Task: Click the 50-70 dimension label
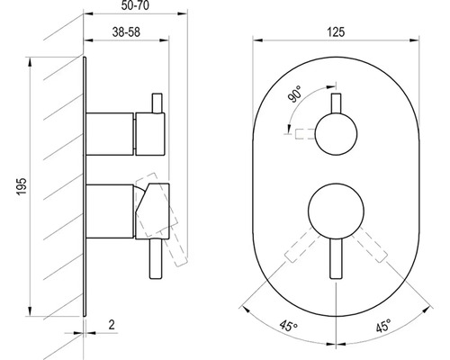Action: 135,5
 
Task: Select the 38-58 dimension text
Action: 126,31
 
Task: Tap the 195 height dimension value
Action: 22,186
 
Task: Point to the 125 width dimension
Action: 336,31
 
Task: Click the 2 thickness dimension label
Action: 112,325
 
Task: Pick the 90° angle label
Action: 294,94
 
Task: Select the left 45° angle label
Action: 289,326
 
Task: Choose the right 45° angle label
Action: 383,325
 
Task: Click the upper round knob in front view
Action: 336,134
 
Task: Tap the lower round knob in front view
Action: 336,211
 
